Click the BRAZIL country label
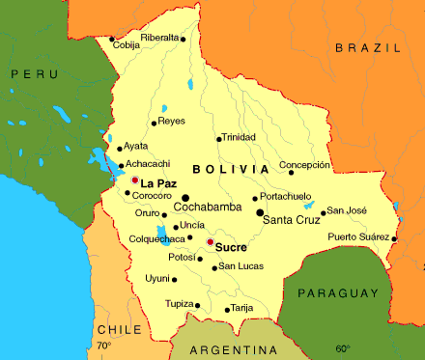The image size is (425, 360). click(366, 46)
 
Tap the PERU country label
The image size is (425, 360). click(29, 72)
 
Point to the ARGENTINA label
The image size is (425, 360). click(231, 348)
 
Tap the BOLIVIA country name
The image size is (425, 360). click(230, 169)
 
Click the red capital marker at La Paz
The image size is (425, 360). click(134, 180)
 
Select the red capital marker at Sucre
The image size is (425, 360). click(210, 241)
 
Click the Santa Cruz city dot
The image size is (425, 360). click(260, 212)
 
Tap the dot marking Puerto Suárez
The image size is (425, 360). click(394, 238)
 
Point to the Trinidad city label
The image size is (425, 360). click(239, 137)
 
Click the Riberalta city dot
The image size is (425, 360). click(183, 39)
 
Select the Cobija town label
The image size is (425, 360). click(126, 44)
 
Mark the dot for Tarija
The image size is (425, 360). click(227, 310)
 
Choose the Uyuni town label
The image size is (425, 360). click(156, 278)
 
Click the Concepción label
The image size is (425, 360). click(304, 165)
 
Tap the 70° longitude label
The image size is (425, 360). click(103, 346)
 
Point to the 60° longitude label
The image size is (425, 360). click(343, 348)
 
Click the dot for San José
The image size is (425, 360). click(324, 212)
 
